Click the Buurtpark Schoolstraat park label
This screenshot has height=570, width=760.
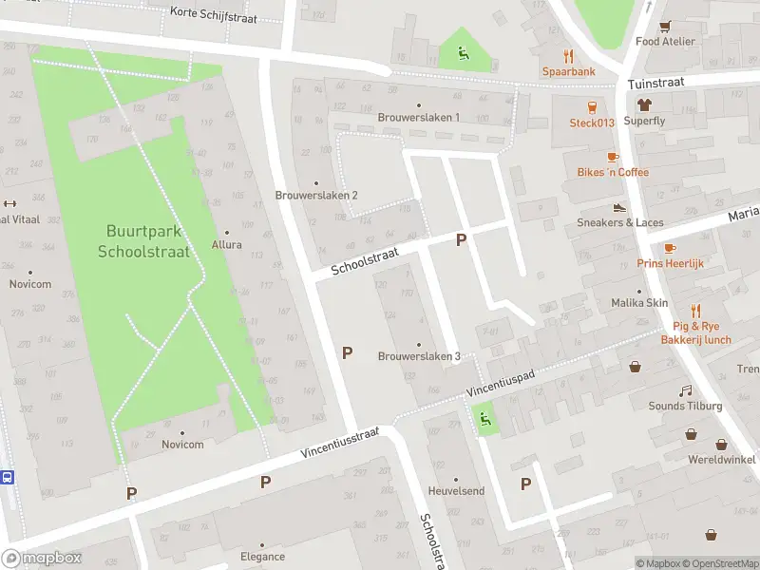click(143, 241)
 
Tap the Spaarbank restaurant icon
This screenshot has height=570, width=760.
click(569, 55)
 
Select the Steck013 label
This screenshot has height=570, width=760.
click(592, 123)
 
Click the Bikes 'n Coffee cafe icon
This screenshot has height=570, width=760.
click(613, 156)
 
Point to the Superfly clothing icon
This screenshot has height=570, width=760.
click(645, 105)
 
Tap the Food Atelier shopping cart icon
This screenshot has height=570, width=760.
click(666, 26)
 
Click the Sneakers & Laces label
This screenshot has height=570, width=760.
click(620, 222)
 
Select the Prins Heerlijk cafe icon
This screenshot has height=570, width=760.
click(671, 248)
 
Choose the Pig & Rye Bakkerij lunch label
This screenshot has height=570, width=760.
click(695, 332)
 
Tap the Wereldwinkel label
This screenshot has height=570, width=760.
click(722, 459)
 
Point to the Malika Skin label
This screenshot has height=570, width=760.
click(639, 303)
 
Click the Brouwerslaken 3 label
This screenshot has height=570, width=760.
click(419, 356)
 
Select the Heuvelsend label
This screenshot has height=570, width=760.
click(456, 491)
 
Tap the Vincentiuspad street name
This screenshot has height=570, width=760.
click(501, 384)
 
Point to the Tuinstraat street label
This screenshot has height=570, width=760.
click(655, 84)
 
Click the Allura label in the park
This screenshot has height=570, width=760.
click(227, 244)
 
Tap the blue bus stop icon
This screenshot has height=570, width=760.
click(8, 477)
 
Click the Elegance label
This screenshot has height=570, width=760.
click(262, 556)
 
